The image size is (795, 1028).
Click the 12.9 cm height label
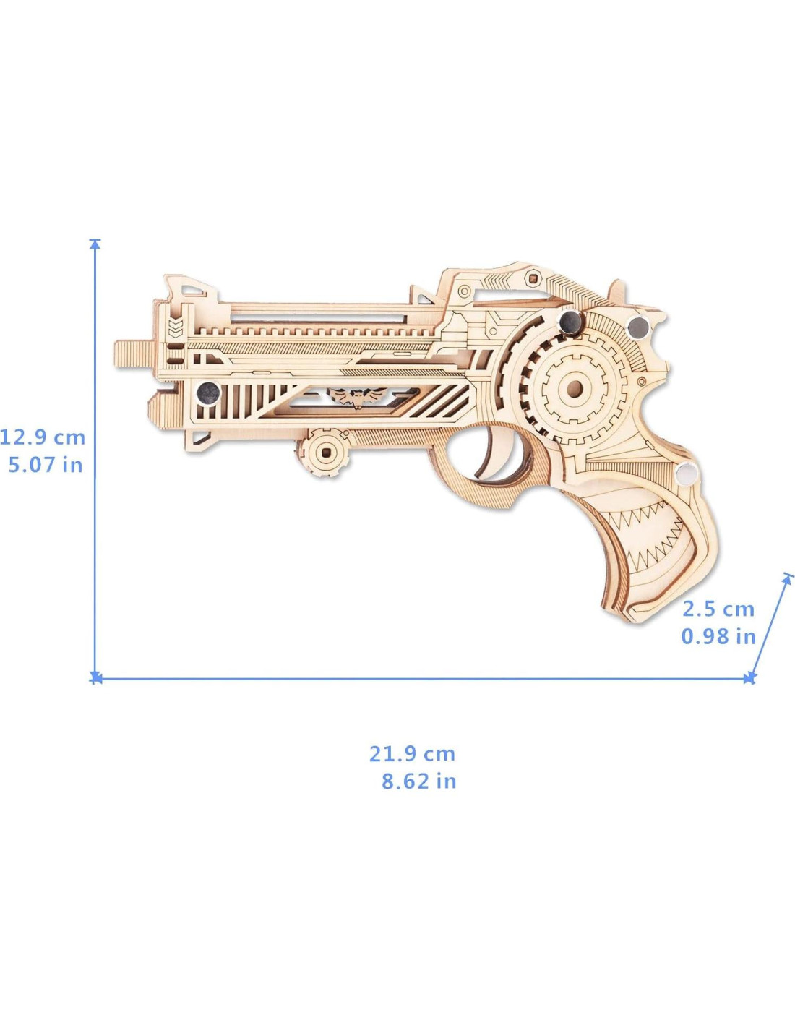point(43,437)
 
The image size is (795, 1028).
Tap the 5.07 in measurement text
point(46,465)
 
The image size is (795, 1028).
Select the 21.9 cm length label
point(412,753)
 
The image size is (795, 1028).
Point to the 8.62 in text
point(419,781)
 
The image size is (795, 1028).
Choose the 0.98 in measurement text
point(718,636)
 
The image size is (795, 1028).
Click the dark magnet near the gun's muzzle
point(207,393)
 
